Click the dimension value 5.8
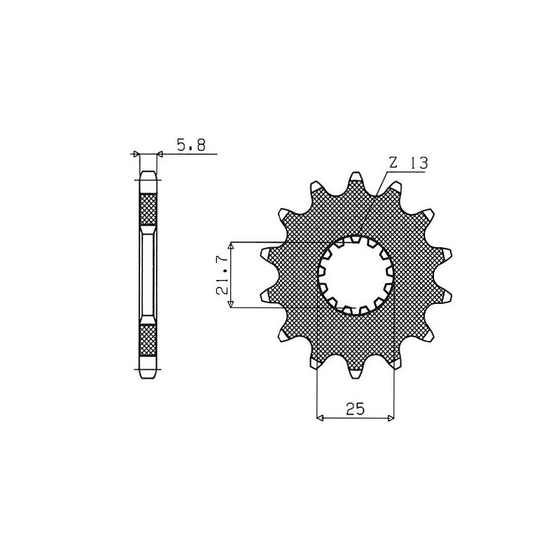pos(190,146)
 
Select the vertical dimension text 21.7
pos(222,275)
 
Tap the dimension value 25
pos(355,410)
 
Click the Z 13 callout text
pos(409,162)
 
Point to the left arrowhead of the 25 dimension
pos(320,419)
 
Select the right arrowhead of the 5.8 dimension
pos(160,153)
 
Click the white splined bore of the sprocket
pos(356,274)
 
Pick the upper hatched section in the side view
pos(148,208)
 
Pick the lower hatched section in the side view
pos(148,341)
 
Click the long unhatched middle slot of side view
pos(148,274)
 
